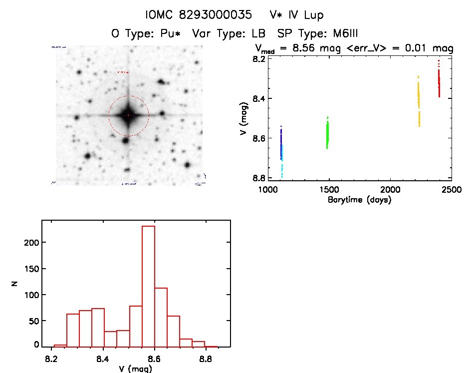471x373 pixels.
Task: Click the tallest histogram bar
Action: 148,286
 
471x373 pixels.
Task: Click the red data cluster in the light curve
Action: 439,82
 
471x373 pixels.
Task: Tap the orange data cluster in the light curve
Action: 419,100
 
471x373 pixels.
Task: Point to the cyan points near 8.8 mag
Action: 282,170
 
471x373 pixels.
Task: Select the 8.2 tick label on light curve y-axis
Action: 258,59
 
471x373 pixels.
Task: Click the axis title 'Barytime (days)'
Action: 359,200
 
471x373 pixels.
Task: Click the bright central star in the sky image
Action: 128,115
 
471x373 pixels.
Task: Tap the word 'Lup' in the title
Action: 316,15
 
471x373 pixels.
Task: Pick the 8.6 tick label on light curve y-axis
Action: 258,138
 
